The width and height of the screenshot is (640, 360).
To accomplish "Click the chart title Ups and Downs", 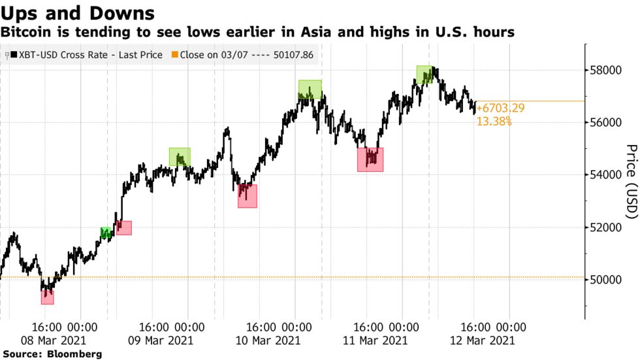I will pos(78,13).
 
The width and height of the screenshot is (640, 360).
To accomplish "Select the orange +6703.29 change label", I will pos(501,108).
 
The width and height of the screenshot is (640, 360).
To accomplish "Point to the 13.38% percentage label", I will pos(494,121).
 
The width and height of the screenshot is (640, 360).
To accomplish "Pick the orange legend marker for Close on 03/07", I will pos(174,56).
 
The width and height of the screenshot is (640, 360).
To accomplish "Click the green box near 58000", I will pos(424,74).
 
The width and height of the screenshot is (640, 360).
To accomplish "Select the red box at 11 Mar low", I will pos(370,159).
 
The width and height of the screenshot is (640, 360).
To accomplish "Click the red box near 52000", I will pos(123,227).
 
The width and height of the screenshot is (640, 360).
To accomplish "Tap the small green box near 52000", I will pos(106,233).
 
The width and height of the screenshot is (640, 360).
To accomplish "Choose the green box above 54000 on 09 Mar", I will pos(180,157).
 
